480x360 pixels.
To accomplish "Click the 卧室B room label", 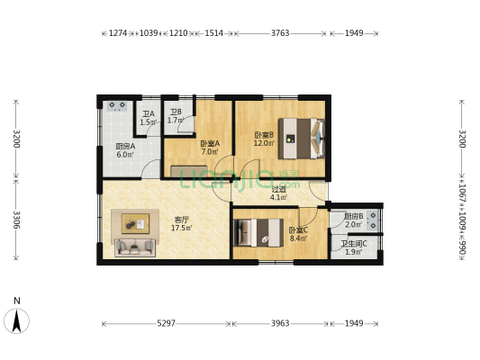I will coord(263,135).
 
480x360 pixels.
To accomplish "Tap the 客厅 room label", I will coord(181,220).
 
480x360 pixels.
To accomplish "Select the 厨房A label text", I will coord(125,146).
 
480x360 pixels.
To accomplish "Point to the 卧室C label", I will coord(298,230).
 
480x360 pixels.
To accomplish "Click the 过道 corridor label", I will coord(279,189).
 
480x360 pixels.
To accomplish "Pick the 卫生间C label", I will coord(353,243).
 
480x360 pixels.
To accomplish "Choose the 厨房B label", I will coord(353,216).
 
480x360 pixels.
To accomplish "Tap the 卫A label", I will coord(148,114).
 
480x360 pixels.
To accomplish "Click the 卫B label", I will coord(176,112).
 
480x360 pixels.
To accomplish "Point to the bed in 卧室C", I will coord(259,232).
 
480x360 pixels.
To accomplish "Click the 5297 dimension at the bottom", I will coord(165,323).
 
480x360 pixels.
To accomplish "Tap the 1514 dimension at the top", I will coord(213,33).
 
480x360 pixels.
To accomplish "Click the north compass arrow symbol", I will coord(17,319).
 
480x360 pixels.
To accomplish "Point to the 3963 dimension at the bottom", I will coord(280,323).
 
